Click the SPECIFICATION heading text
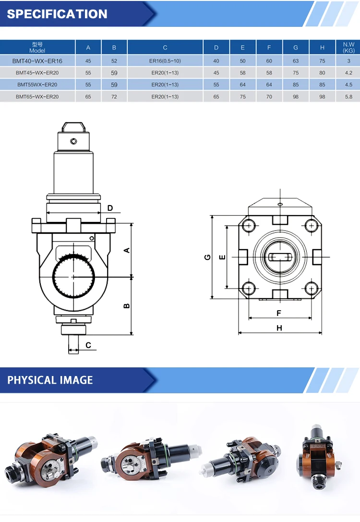tap(57, 14)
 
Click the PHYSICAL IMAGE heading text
tap(50, 380)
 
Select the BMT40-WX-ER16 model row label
tap(37, 61)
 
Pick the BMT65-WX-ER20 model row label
tap(37, 97)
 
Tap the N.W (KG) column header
tap(348, 47)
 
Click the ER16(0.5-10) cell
tap(165, 61)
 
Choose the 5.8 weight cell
tap(348, 97)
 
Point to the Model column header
tap(37, 47)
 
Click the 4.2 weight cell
tap(348, 73)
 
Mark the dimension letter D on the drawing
tap(110, 208)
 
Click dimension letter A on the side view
tap(127, 250)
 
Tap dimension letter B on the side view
tap(127, 305)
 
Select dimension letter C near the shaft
tap(88, 345)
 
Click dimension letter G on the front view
tap(207, 257)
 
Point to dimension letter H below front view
tap(279, 328)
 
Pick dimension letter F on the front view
tap(279, 313)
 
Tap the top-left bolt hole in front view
tap(248, 225)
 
